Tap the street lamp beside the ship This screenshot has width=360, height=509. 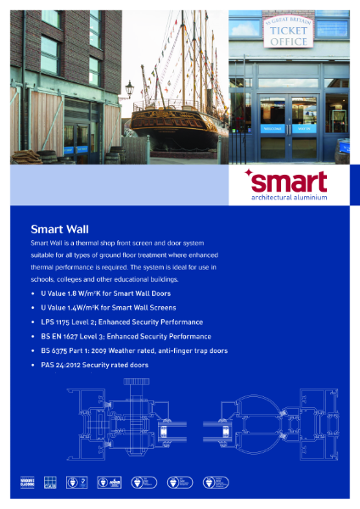point(128,90)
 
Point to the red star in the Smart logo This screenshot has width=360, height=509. point(248,173)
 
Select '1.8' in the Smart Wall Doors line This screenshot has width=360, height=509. point(74,294)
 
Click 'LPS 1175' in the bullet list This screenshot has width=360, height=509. point(56,322)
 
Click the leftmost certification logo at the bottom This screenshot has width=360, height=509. point(28,483)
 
